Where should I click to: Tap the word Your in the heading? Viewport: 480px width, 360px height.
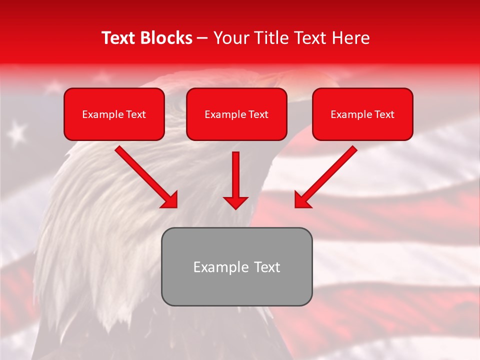(x=229, y=38)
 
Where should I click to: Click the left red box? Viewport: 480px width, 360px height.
(x=114, y=114)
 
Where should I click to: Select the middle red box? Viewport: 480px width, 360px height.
(x=236, y=114)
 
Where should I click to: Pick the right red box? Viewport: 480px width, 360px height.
(x=362, y=114)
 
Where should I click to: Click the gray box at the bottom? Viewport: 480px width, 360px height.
(x=236, y=266)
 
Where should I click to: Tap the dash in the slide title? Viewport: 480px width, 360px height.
(x=202, y=38)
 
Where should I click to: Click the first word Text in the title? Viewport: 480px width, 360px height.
(x=119, y=38)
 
